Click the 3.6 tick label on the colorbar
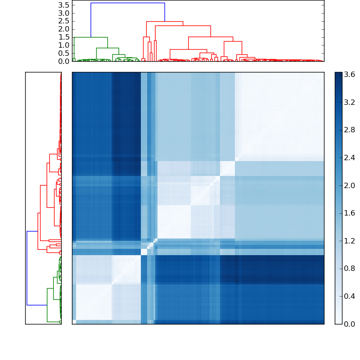click(349, 75)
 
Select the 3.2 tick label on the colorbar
click(349, 103)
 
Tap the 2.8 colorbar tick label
click(349, 130)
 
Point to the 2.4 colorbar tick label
click(349, 158)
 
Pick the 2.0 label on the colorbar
click(349, 185)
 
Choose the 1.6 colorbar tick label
click(349, 213)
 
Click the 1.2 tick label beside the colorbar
click(349, 241)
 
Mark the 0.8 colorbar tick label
click(349, 269)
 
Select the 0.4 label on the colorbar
click(349, 296)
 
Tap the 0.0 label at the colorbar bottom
click(349, 324)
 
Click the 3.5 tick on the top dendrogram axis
click(64, 5)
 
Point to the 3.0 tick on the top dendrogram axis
click(64, 13)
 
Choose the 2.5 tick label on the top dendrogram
click(64, 21)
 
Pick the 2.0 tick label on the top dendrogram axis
click(64, 29)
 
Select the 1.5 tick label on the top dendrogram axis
click(64, 37)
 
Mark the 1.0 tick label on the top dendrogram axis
click(64, 45)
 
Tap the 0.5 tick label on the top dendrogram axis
click(64, 54)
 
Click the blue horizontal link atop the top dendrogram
click(128, 3)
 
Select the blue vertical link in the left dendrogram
click(27, 268)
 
